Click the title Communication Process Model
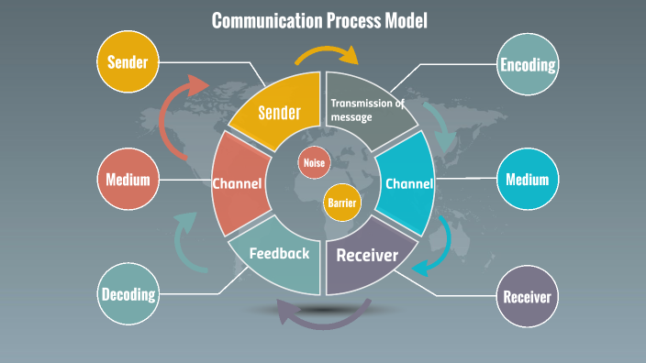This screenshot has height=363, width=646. [319, 20]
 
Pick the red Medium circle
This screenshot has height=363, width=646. [128, 179]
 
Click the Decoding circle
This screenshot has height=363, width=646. [128, 294]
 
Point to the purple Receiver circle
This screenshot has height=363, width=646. [528, 296]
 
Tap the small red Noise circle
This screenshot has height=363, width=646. [313, 163]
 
